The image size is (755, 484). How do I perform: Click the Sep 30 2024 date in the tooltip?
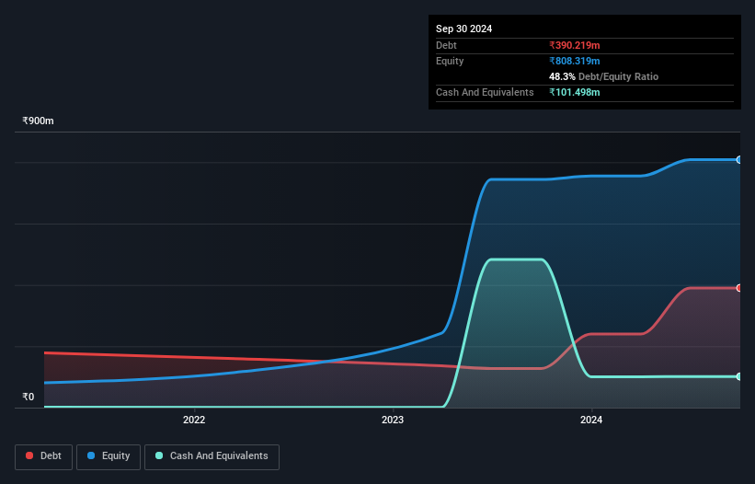[463, 29]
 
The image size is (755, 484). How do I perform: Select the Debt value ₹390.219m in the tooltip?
[574, 45]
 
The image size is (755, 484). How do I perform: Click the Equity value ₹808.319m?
[574, 61]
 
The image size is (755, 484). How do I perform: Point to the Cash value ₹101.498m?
[574, 92]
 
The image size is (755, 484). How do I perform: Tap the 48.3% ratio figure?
[562, 76]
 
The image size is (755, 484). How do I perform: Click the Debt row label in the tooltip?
[446, 45]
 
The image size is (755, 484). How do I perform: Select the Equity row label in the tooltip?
[450, 61]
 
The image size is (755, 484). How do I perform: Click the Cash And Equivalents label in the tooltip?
[485, 92]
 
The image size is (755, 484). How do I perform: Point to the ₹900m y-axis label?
[39, 121]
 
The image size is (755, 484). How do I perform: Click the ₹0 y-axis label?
[29, 398]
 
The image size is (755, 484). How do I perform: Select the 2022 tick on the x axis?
[194, 421]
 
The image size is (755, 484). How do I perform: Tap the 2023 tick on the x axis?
[393, 421]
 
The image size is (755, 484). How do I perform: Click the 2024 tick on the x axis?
[591, 421]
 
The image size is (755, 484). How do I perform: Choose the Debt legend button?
[44, 456]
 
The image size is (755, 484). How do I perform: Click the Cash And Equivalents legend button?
[212, 456]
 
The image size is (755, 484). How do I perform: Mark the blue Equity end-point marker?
[739, 160]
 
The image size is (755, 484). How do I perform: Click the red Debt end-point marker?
[739, 288]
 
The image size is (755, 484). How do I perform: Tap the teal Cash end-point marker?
[739, 376]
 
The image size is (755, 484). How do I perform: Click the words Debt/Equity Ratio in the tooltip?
[618, 76]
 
